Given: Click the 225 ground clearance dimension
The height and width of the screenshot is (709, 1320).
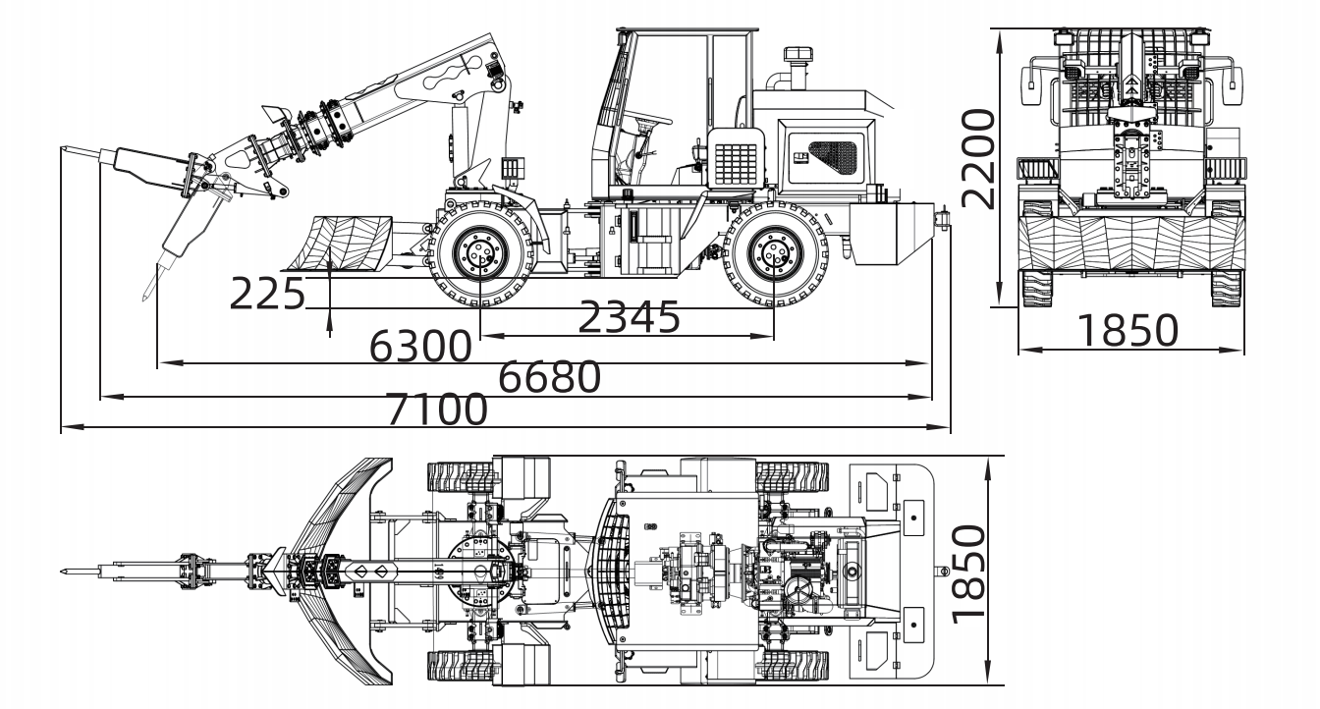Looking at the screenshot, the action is point(267,294).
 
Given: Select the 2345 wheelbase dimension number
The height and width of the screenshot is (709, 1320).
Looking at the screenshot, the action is point(630,317).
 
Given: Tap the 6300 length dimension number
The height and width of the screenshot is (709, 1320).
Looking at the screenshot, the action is point(420,346).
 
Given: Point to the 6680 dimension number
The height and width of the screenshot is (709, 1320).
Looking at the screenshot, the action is point(549,377).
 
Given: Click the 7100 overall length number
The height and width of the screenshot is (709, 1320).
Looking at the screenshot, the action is point(437,409).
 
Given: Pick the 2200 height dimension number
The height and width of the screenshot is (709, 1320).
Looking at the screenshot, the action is point(978,159).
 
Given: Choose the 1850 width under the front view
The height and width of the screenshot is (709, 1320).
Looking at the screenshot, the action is point(1127,330).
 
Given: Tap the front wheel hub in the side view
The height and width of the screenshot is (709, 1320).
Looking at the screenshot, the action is point(480,253).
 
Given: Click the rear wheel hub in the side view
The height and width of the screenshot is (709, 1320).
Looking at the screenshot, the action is point(774,253).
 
